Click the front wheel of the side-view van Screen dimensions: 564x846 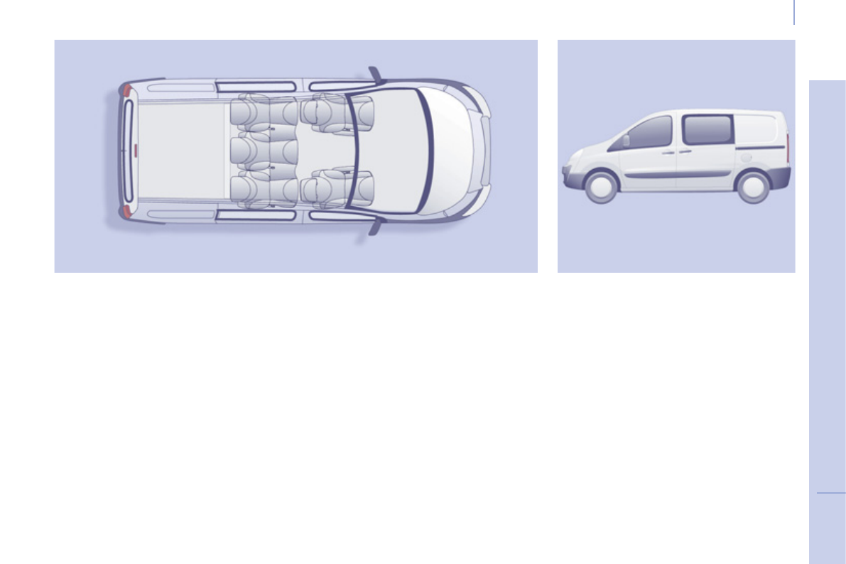[601, 187]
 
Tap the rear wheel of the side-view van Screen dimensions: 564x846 [752, 187]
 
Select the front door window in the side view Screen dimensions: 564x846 [649, 133]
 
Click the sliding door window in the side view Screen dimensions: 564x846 [707, 130]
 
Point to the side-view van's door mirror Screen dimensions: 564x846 [626, 141]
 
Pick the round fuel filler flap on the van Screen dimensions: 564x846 [753, 158]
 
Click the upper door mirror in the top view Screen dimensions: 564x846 [374, 75]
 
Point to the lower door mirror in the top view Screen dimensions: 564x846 [374, 227]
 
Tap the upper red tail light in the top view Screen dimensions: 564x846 [126, 90]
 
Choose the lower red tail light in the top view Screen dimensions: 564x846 [126, 211]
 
